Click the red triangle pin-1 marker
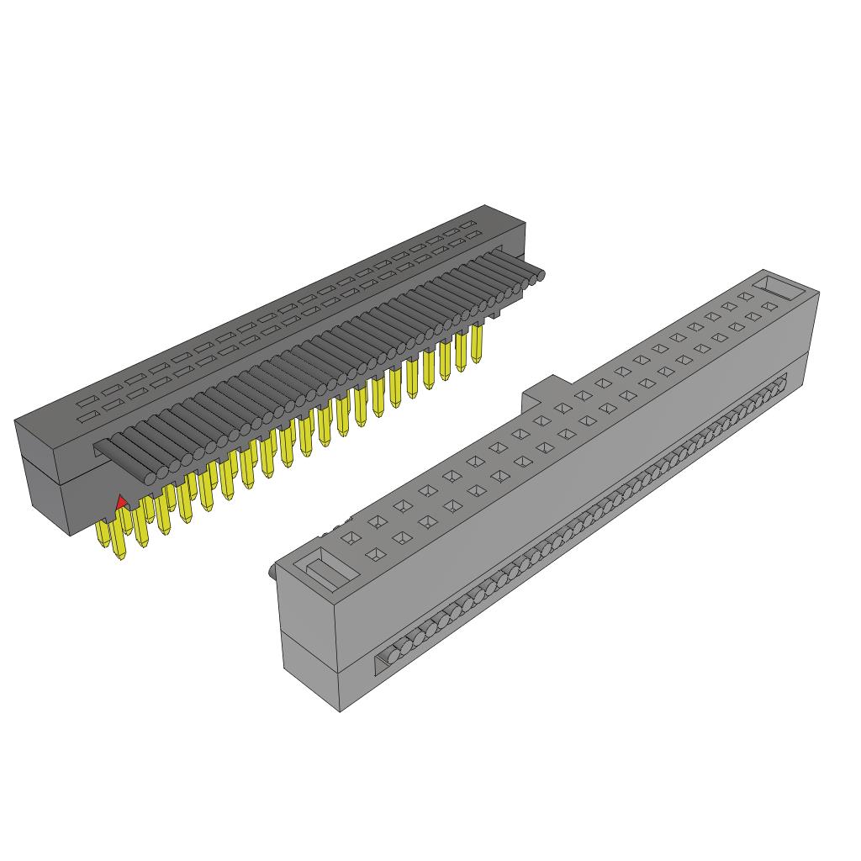point(122,502)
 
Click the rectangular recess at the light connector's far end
point(780,287)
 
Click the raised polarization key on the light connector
point(544,390)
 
